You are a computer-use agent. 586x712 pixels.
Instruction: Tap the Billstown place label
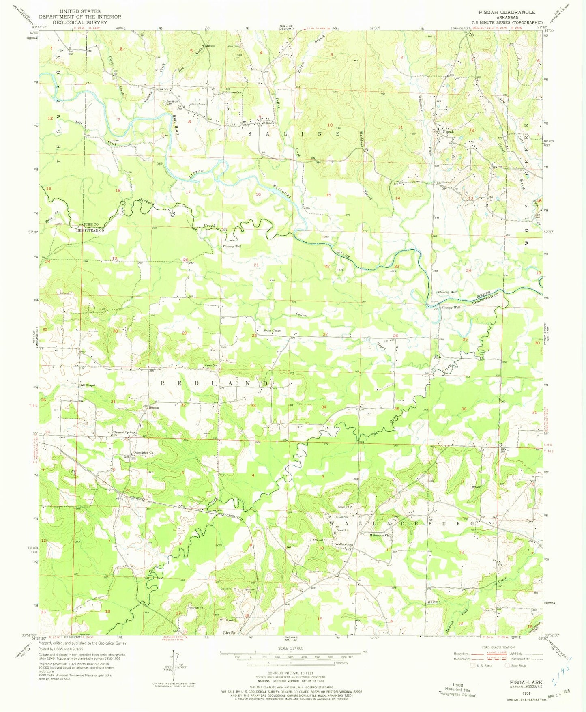click(x=269, y=123)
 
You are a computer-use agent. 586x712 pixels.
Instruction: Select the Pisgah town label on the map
click(x=448, y=131)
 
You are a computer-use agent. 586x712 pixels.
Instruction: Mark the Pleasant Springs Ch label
click(x=124, y=432)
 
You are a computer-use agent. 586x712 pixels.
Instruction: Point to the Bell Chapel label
click(x=87, y=385)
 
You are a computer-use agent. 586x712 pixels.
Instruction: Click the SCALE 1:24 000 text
click(x=290, y=648)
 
